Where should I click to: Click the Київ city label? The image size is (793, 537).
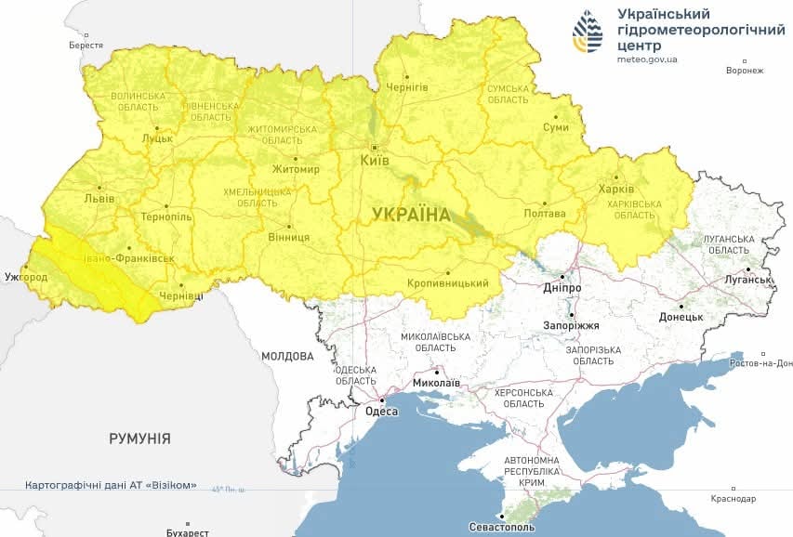click(374, 161)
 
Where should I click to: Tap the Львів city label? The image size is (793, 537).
click(99, 198)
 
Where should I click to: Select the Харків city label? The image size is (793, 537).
click(616, 190)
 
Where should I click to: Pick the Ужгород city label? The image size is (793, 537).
click(25, 277)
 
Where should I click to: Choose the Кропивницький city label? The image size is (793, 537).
click(448, 283)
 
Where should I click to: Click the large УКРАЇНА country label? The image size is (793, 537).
click(411, 214)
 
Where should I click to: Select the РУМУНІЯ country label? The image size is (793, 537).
click(139, 438)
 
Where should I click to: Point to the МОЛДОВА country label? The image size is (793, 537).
click(287, 356)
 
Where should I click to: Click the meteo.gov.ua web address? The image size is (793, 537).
click(647, 59)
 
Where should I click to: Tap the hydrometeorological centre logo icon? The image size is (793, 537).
click(588, 33)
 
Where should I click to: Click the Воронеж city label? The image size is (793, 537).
click(745, 71)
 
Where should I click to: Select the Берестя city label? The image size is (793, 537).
click(86, 45)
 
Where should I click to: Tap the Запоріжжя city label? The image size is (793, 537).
click(571, 326)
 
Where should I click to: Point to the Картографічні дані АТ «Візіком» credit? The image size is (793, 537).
click(111, 486)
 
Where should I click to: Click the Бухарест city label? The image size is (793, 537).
click(188, 532)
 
